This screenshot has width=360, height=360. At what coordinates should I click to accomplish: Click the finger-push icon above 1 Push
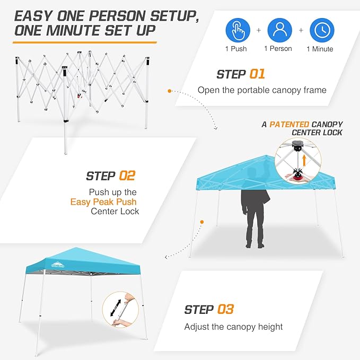click(x=239, y=30)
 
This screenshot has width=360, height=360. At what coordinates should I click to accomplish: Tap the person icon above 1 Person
click(x=279, y=30)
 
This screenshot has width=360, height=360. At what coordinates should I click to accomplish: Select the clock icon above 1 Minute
click(x=321, y=30)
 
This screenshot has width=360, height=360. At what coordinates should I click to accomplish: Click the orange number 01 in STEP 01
click(x=256, y=74)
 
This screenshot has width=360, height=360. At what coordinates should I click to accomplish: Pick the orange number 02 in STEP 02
click(x=127, y=175)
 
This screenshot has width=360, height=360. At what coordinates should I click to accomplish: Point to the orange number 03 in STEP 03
click(x=225, y=309)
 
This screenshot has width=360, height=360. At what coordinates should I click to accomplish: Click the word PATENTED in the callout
click(x=289, y=124)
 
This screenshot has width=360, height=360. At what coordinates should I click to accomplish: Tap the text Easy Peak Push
click(x=104, y=201)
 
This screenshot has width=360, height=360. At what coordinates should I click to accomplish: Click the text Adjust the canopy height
click(x=233, y=327)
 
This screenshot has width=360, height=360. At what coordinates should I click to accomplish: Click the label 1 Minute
click(x=320, y=49)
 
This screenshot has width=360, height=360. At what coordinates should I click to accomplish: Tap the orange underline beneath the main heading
click(x=85, y=41)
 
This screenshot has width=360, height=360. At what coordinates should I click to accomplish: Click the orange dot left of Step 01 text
click(x=169, y=91)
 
